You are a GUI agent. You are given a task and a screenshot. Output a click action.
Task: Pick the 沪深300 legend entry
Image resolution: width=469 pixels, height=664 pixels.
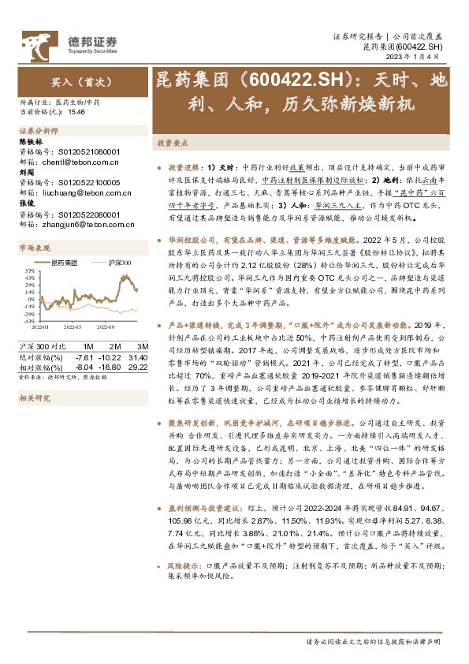point(115,262)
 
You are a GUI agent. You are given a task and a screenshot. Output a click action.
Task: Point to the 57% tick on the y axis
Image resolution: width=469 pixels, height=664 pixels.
point(28,270)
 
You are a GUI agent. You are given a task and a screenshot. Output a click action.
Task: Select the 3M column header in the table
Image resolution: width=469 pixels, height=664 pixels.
point(143,347)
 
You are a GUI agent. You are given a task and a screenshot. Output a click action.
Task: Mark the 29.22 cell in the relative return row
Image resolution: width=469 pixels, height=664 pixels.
point(140,367)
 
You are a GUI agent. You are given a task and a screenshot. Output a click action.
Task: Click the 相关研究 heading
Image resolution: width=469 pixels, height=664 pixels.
point(33,399)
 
